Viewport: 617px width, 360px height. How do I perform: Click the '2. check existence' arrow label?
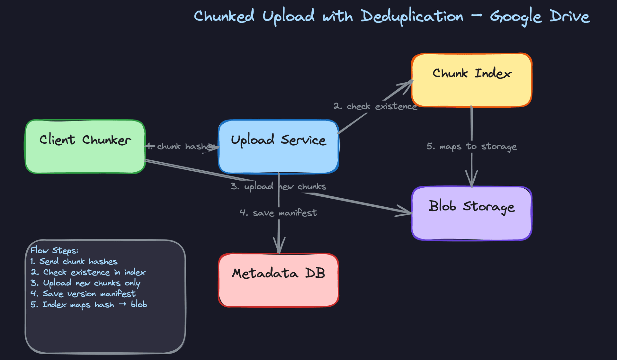click(x=375, y=106)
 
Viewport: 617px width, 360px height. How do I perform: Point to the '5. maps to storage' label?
click(x=471, y=147)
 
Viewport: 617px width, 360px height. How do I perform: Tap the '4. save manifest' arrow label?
click(x=278, y=213)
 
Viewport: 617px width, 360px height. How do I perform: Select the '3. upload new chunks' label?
click(x=278, y=186)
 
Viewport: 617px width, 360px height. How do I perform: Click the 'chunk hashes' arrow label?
click(x=183, y=147)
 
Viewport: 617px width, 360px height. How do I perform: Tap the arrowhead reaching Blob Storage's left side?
click(x=407, y=212)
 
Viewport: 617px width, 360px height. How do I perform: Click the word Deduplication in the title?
click(x=412, y=16)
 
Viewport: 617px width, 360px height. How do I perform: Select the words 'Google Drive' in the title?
click(x=540, y=16)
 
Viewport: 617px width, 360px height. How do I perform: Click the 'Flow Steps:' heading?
click(x=54, y=250)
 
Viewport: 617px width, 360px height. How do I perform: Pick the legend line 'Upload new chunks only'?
click(x=85, y=283)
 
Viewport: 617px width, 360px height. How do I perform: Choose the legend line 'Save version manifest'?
click(x=83, y=294)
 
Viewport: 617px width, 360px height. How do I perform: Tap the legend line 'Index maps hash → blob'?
click(x=89, y=305)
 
